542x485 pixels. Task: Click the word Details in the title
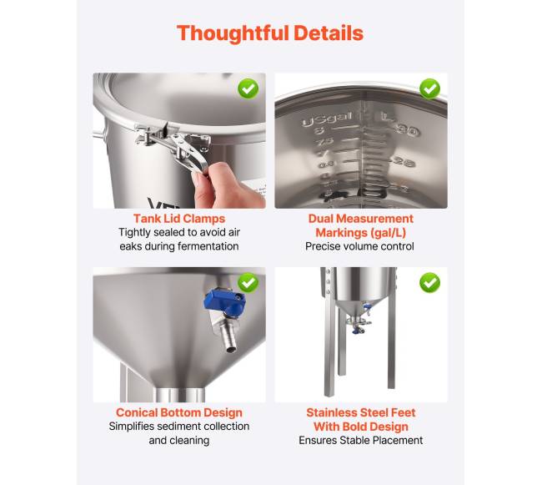329,33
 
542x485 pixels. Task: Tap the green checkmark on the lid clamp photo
248,89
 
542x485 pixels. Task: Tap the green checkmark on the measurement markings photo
429,89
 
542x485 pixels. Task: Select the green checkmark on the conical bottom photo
248,283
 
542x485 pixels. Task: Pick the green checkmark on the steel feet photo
429,283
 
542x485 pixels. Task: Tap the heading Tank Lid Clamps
179,219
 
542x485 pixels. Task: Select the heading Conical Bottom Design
179,412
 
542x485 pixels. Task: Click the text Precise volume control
359,246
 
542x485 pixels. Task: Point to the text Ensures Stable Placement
360,440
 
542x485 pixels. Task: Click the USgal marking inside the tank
327,119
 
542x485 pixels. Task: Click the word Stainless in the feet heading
333,412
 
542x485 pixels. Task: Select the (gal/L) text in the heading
389,233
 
